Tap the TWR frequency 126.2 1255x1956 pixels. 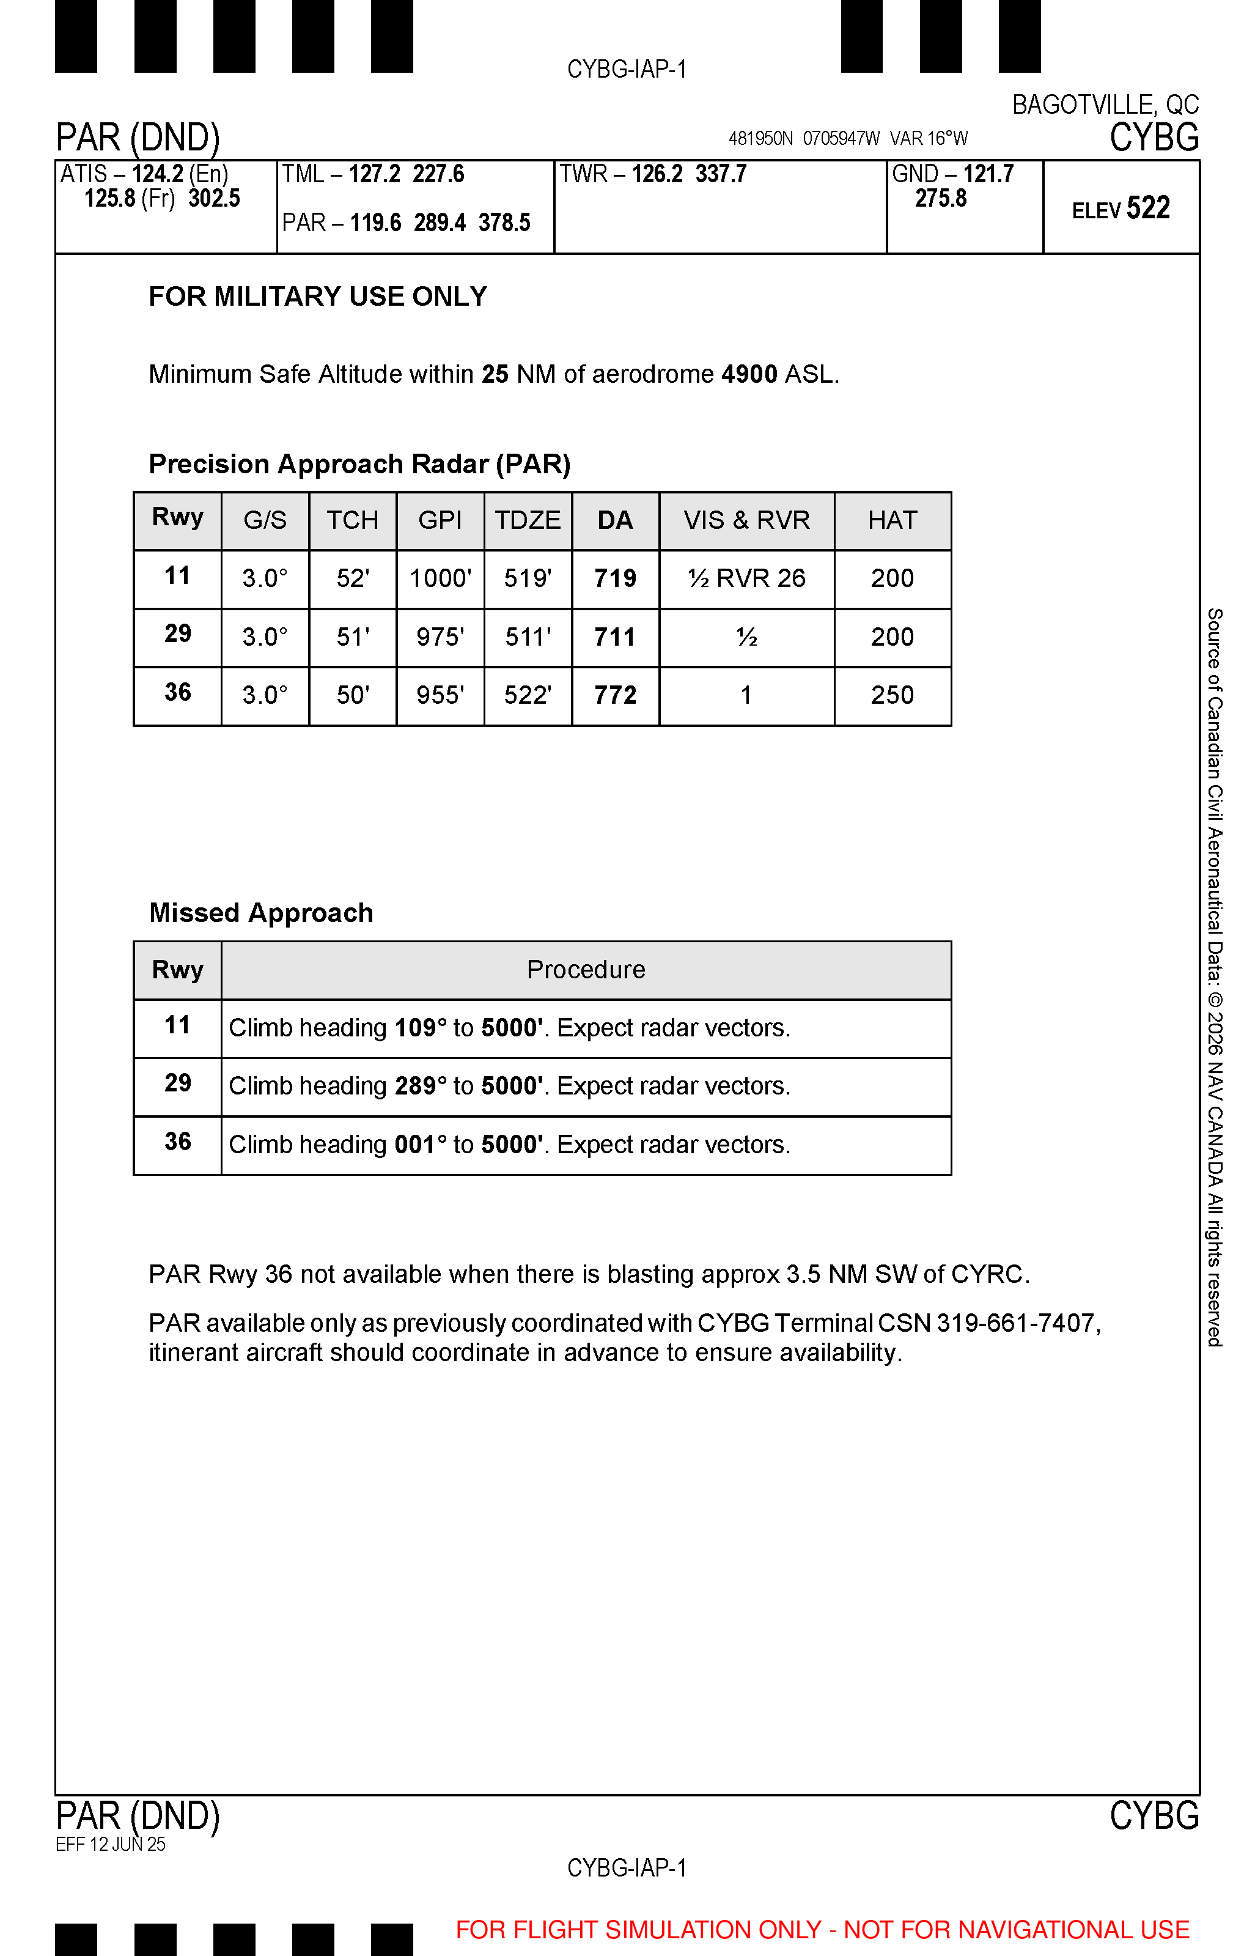coord(657,174)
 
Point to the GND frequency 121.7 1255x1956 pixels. coord(988,174)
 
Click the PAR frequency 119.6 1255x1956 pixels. coord(376,223)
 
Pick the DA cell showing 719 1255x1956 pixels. coord(616,578)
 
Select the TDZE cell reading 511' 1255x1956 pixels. coord(528,637)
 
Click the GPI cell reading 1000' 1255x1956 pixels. coord(440,578)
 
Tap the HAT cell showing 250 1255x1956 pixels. coord(892,695)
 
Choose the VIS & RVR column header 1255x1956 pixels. coord(746,520)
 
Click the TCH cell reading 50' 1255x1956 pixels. coord(353,695)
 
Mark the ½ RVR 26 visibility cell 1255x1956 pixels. coord(746,578)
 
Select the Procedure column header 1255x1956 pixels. coord(586,970)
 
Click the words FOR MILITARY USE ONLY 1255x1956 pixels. coord(318,297)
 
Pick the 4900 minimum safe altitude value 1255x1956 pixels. coord(749,374)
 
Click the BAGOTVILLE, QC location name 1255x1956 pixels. coord(1105,105)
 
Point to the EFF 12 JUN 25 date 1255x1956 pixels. coord(111,1844)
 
